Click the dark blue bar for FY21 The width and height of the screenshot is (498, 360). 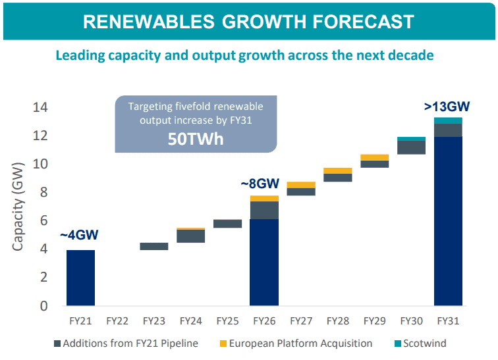tap(80, 278)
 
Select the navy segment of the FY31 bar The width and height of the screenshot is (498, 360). tap(447, 220)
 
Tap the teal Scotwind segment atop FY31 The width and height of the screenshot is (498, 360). tap(447, 120)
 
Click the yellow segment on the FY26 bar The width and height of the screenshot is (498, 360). tap(264, 198)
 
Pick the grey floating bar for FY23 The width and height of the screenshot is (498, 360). tap(154, 246)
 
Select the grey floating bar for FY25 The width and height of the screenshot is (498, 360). tap(227, 223)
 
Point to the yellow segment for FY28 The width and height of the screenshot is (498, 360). tap(337, 170)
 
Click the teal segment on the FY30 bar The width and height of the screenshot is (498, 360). tap(411, 139)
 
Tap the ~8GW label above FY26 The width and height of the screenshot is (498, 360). tap(262, 183)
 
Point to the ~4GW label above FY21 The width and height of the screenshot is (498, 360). tap(80, 235)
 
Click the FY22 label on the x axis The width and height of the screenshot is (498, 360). tap(117, 321)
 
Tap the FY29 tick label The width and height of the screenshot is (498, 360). tap(374, 321)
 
